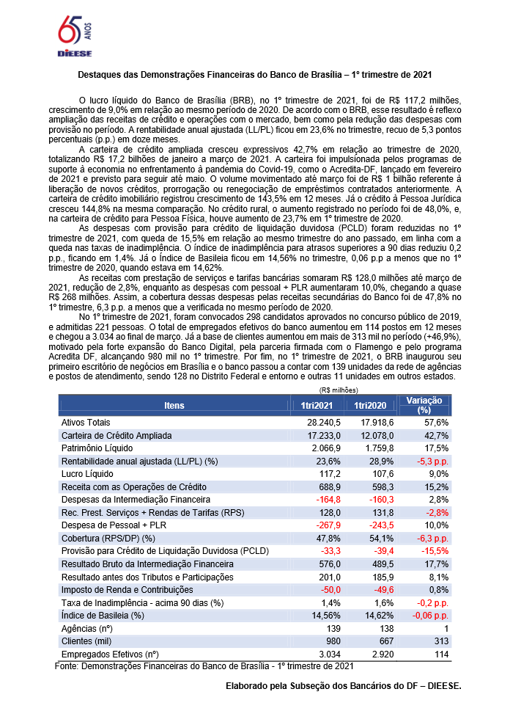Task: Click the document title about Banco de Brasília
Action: coord(255,74)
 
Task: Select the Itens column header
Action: coord(174,405)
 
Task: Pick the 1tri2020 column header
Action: coord(370,405)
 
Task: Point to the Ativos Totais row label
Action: coord(86,423)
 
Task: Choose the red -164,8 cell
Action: coord(328,499)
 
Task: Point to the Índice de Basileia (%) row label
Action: coord(103,615)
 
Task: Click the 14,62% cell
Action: coord(377,615)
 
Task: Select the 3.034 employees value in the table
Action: coord(328,654)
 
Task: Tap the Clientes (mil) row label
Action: coord(89,641)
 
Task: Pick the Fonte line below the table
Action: coord(204,666)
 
